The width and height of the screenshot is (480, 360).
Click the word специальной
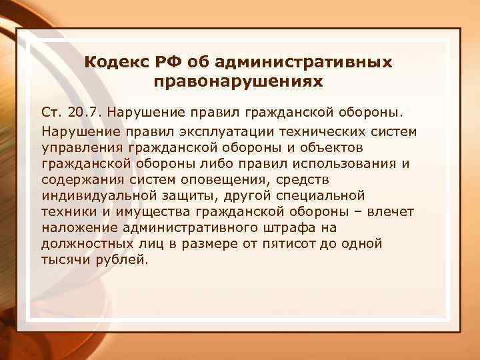[323, 195]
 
